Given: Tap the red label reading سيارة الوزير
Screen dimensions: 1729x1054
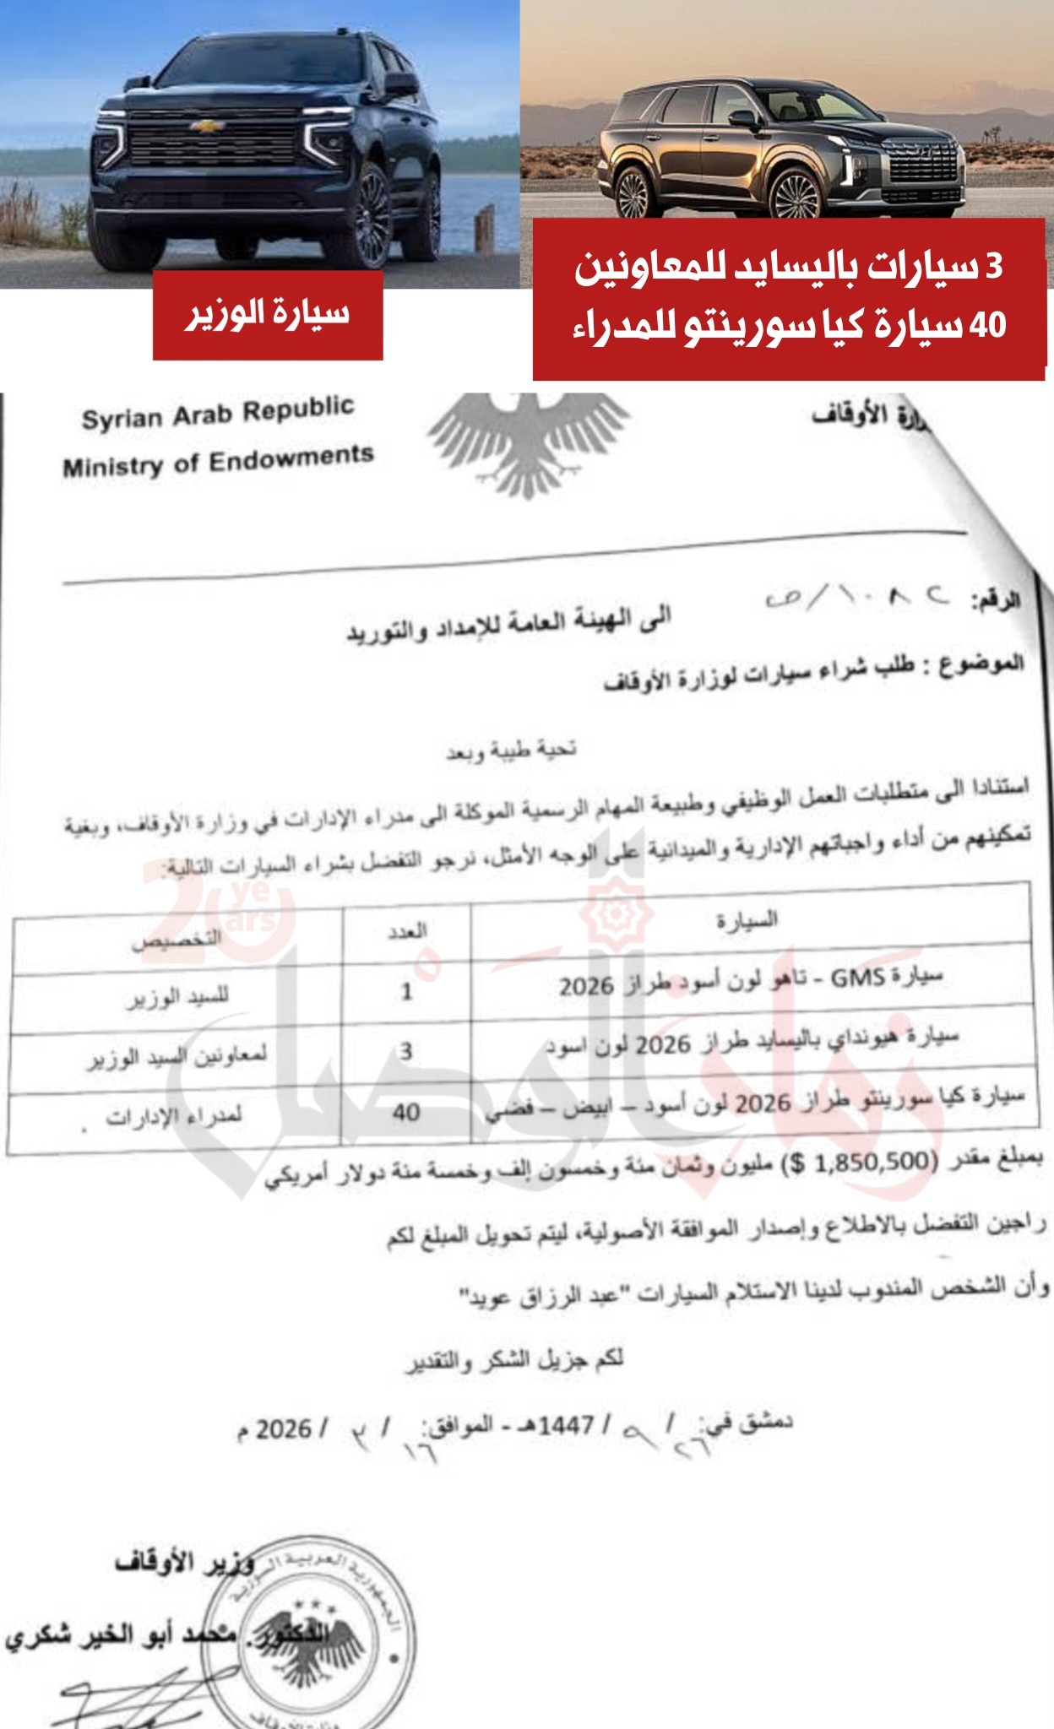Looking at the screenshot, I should (x=268, y=315).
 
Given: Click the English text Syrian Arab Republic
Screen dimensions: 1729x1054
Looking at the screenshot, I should (x=218, y=413).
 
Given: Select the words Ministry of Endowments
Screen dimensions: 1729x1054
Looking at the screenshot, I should (x=218, y=461).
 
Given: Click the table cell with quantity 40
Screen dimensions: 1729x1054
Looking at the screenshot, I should (x=405, y=1112).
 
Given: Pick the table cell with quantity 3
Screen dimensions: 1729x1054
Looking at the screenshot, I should (x=406, y=1051).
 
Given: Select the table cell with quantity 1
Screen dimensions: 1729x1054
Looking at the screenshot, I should (x=406, y=990).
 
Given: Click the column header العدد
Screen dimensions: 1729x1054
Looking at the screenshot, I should (x=407, y=931).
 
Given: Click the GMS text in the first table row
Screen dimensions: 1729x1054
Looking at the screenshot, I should (x=857, y=978).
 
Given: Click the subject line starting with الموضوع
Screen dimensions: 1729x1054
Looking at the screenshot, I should (x=815, y=671).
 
